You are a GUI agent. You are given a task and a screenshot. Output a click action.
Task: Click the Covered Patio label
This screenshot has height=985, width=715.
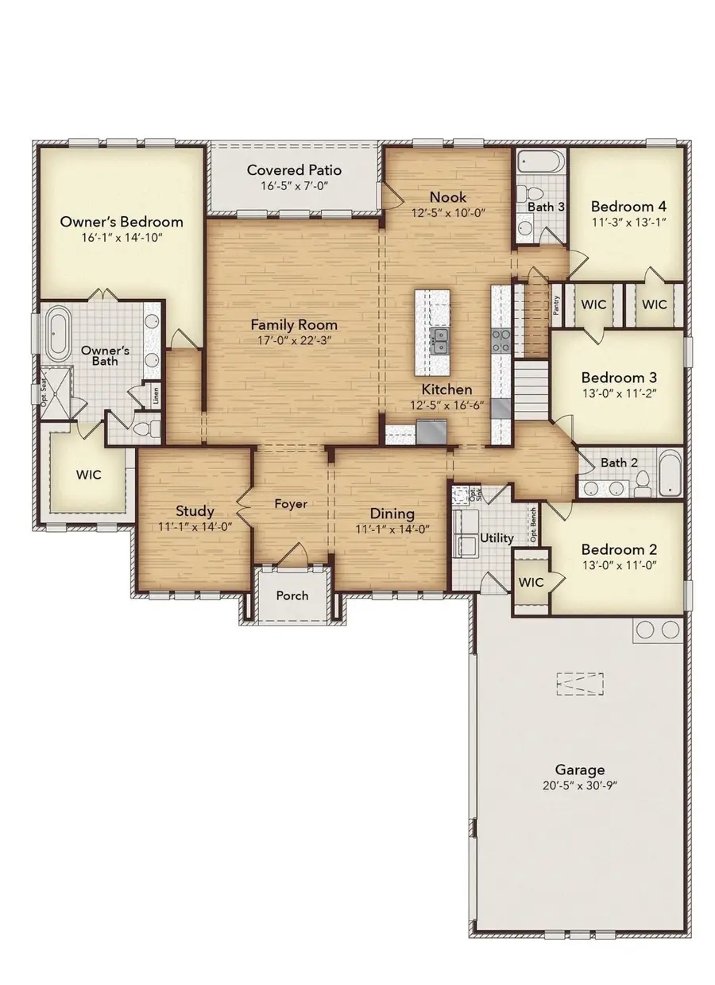(294, 170)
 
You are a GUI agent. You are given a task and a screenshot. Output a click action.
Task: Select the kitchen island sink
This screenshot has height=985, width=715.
(439, 341)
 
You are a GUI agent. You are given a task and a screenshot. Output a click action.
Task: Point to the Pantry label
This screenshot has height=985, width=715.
(556, 305)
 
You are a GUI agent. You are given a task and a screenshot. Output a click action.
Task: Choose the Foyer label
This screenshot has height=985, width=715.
(291, 504)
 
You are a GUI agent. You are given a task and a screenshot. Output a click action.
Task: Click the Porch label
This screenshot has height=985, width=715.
(292, 595)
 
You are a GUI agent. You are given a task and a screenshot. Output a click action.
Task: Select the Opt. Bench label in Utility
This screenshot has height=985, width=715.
(533, 524)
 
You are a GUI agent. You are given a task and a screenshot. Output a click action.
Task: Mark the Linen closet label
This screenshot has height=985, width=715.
(156, 395)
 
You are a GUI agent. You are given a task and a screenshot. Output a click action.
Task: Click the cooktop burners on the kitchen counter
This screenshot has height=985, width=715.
(501, 340)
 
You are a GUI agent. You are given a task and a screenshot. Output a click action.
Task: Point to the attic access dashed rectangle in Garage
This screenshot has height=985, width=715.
(580, 684)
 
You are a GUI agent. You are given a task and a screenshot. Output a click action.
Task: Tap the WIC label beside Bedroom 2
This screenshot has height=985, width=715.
(531, 582)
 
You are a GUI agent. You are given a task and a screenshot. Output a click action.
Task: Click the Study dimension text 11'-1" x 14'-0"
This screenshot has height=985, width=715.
(195, 527)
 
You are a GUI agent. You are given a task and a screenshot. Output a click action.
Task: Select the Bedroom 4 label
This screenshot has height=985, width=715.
(628, 206)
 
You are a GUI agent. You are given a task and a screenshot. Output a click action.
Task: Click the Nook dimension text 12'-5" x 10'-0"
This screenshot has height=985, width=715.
(448, 213)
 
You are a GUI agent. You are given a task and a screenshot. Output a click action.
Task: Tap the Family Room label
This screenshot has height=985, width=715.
(294, 325)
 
